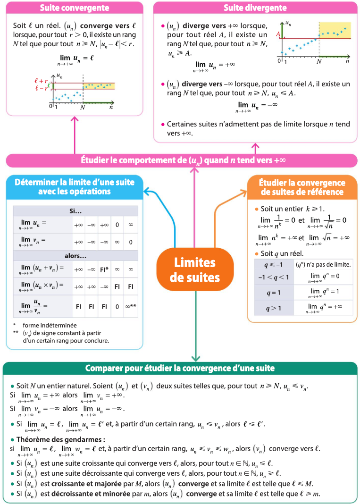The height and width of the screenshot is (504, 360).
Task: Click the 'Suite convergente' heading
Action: click(x=75, y=8)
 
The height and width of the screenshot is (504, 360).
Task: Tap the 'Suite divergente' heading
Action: click(x=255, y=8)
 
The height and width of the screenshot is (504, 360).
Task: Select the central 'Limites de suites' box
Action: click(x=195, y=270)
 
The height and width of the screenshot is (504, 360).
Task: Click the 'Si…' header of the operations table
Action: click(x=75, y=210)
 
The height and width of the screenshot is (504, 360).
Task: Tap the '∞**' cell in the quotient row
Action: click(x=131, y=306)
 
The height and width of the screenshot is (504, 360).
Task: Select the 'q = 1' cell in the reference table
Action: click(x=273, y=293)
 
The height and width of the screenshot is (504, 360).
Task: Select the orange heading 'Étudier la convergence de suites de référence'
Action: click(x=302, y=187)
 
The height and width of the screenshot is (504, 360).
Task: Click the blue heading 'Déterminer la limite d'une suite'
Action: click(x=74, y=187)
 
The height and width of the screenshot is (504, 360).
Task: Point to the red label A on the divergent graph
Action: click(x=278, y=34)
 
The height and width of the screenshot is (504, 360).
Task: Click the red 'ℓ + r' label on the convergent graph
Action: click(x=41, y=81)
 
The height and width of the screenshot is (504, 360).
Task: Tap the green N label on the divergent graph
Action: click(x=319, y=61)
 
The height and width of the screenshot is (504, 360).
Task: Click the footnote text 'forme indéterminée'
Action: click(x=50, y=325)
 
